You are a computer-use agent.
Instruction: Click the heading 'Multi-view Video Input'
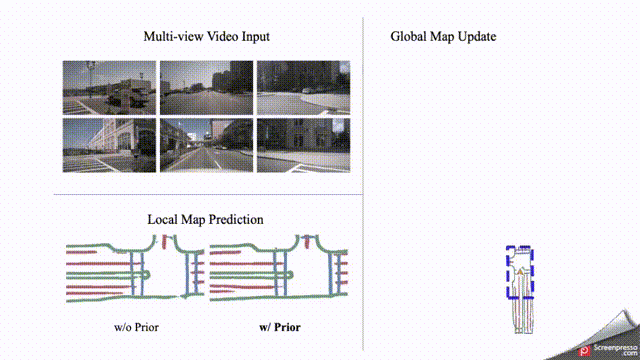point(206,37)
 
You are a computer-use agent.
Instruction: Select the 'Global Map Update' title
point(443,37)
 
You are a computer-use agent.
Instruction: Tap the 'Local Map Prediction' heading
point(205,219)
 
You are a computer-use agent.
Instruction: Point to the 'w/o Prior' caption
point(136,327)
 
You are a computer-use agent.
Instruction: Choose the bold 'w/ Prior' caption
point(280,327)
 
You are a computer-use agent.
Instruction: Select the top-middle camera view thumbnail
point(205,87)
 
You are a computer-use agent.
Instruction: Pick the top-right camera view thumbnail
point(303,87)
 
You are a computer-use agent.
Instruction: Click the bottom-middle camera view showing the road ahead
point(205,144)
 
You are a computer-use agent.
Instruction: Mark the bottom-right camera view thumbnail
point(303,144)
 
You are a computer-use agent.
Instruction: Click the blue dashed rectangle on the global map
point(520,273)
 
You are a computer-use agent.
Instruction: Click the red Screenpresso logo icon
point(586,350)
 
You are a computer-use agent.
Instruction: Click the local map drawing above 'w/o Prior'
point(135,269)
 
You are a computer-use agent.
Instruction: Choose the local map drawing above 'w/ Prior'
point(279,269)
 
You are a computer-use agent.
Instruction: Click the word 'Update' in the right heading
point(477,37)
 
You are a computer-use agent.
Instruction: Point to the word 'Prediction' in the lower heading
point(236,219)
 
